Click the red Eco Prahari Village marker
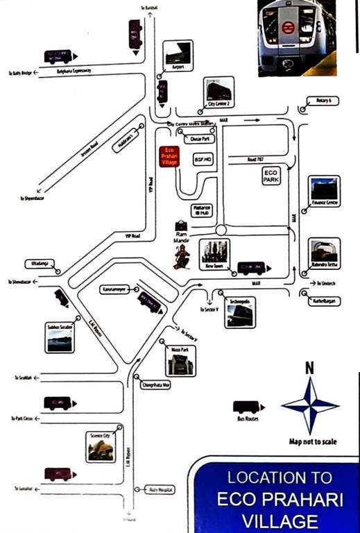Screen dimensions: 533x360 pos(169,156)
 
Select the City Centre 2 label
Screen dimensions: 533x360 pos(219,104)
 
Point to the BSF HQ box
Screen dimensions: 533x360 pos(203,159)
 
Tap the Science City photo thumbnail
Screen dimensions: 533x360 pos(101,446)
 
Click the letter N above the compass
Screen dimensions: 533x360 pos(309,369)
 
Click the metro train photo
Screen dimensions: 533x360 pos(296,37)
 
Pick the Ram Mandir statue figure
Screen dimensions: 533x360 pos(181,257)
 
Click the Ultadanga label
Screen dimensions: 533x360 pos(37,264)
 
